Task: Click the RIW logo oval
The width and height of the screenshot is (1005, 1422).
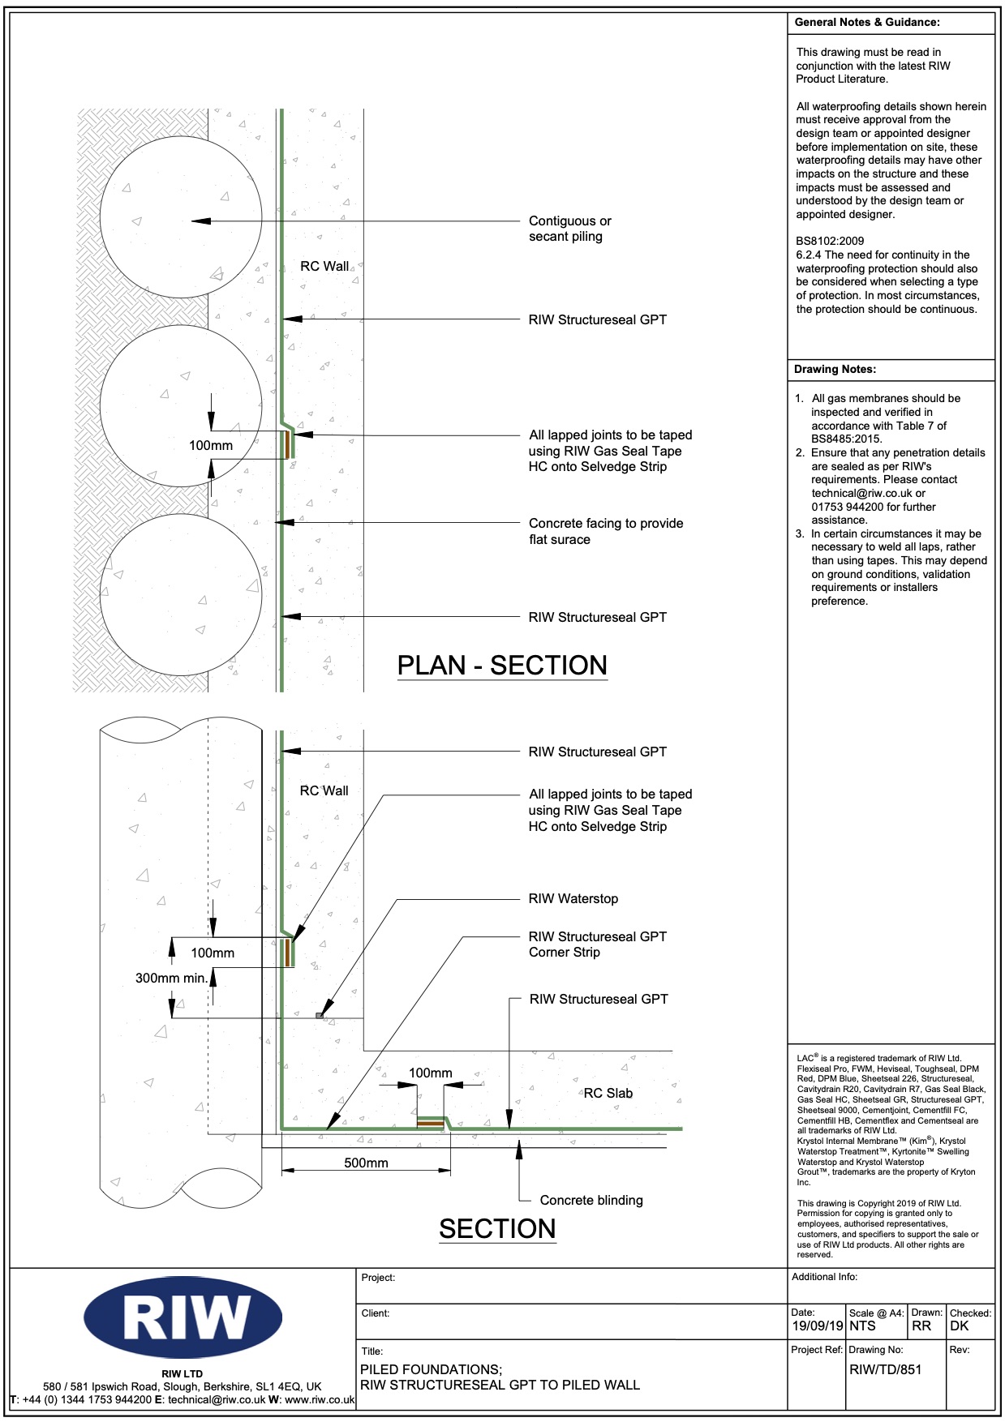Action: click(183, 1317)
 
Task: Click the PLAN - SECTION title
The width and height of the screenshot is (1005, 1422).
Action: click(502, 666)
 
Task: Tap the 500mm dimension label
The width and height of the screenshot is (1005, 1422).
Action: click(366, 1163)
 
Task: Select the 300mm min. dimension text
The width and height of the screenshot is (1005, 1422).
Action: click(171, 978)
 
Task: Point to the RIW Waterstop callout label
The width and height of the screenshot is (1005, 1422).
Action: click(573, 898)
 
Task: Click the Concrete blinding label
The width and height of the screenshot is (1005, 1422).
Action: click(591, 1200)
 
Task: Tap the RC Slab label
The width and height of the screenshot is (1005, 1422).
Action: click(608, 1093)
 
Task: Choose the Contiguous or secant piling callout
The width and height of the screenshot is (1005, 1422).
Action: click(569, 229)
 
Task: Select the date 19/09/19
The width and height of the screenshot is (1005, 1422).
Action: click(818, 1326)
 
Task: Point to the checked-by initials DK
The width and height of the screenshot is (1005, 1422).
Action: click(960, 1326)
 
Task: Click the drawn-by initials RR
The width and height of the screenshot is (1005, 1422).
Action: click(921, 1326)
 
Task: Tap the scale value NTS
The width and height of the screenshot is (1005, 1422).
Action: click(862, 1326)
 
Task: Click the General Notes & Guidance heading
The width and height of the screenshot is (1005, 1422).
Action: click(866, 22)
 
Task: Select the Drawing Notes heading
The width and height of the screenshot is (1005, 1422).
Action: click(835, 369)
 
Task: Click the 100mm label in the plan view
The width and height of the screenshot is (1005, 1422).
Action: click(211, 445)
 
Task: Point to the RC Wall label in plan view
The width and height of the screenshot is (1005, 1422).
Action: click(324, 266)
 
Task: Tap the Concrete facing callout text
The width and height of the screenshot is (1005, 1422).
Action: click(605, 531)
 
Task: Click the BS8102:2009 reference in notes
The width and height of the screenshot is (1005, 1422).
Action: click(830, 241)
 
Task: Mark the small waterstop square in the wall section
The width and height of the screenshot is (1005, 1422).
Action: click(320, 1015)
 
